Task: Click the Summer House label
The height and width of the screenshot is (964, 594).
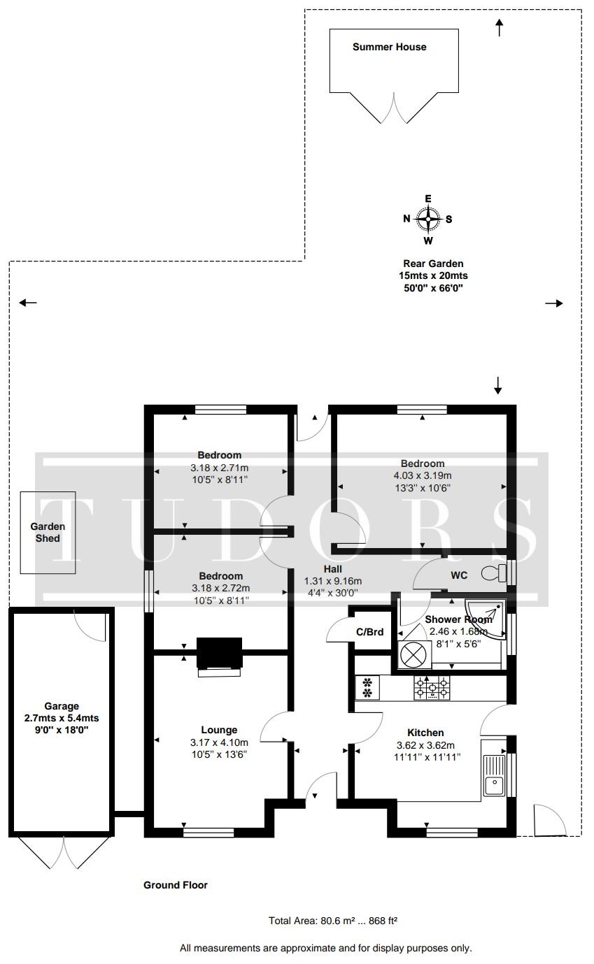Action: click(390, 47)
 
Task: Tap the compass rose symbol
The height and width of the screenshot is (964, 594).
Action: click(427, 219)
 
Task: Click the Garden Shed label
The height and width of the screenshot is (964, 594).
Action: click(48, 533)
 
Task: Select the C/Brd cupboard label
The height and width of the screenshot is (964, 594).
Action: click(369, 632)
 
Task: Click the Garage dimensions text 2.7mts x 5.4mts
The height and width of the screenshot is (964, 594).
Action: click(62, 718)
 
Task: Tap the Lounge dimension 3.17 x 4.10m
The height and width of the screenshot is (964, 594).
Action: click(219, 742)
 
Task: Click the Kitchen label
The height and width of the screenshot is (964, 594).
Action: click(425, 733)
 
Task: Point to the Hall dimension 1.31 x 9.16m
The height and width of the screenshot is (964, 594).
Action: click(333, 581)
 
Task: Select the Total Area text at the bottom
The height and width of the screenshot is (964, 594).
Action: click(333, 921)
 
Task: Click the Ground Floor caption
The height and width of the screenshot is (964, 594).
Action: click(176, 885)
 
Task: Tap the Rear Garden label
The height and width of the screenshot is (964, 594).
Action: click(433, 264)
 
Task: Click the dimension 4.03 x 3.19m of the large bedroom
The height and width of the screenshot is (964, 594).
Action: click(423, 475)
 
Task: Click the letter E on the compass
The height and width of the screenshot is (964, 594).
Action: click(427, 199)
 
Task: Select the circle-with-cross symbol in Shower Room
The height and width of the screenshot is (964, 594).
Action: click(413, 654)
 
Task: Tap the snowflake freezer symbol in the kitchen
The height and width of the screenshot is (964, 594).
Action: click(367, 687)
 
